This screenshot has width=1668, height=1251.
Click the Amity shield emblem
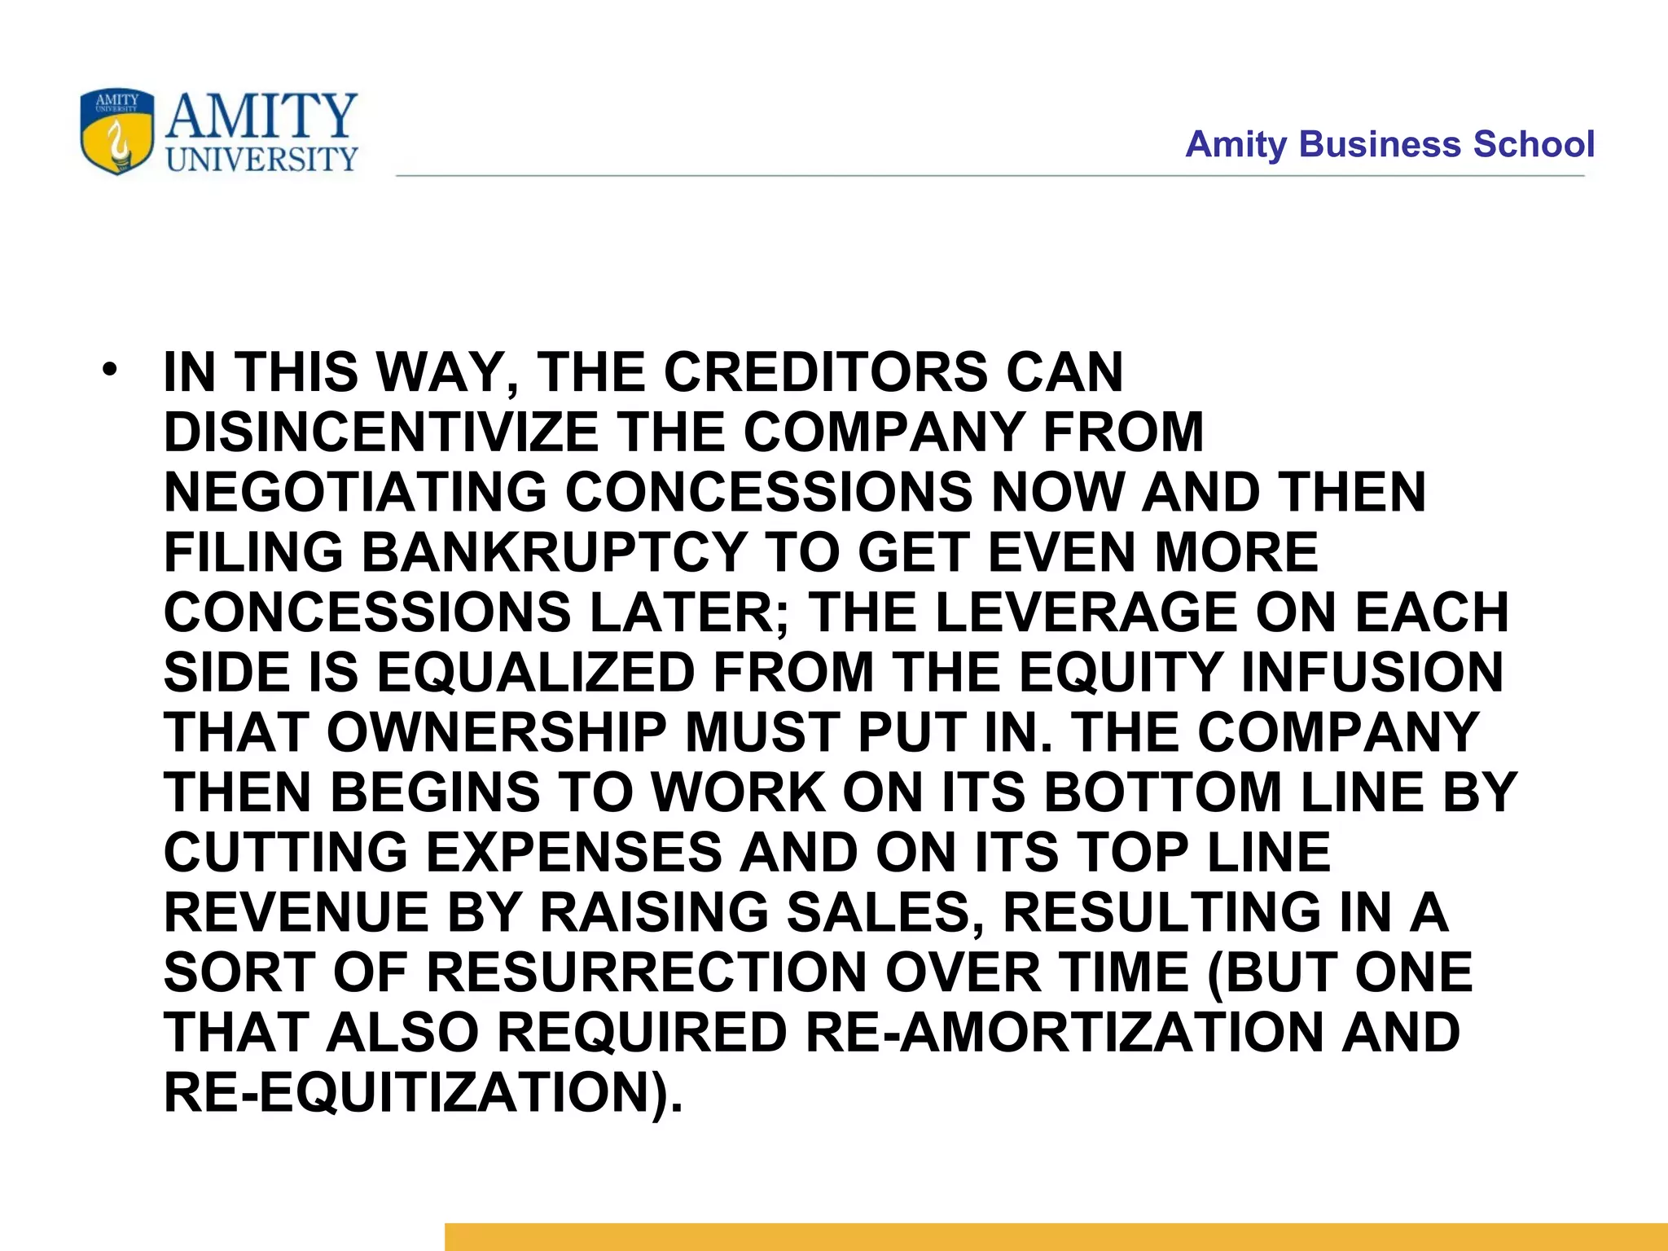pos(117,132)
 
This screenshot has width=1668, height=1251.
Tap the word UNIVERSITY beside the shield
pos(261,159)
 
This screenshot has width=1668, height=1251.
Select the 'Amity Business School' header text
pos(1389,145)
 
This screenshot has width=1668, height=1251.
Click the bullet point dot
pos(110,371)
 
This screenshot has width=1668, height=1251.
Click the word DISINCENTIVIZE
pos(381,432)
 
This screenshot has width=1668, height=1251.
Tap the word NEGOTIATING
pos(355,493)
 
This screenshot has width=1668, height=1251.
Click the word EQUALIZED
pos(535,673)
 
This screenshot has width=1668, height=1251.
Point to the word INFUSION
pos(1372,673)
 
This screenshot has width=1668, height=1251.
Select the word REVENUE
pos(296,912)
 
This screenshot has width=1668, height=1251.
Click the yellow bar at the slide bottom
pos(1056,1236)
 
